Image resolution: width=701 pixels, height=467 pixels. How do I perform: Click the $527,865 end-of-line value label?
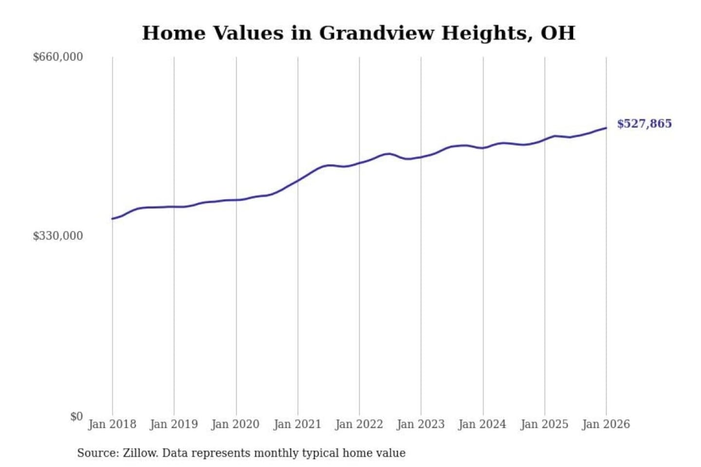(644, 124)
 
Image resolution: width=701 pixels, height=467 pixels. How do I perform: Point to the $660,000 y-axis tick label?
(58, 57)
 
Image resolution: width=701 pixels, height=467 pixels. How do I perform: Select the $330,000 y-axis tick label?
(58, 236)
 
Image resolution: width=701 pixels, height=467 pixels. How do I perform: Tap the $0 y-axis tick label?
(76, 416)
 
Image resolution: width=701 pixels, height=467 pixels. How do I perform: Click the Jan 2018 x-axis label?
(112, 424)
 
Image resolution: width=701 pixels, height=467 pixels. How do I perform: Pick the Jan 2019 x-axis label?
(174, 424)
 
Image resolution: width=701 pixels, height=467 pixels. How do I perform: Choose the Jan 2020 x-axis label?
(236, 424)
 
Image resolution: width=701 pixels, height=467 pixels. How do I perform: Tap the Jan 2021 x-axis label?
(297, 424)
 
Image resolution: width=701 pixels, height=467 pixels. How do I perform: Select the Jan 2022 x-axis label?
(359, 424)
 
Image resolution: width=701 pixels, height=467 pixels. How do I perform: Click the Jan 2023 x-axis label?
(421, 424)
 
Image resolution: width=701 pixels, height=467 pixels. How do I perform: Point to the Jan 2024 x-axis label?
(482, 424)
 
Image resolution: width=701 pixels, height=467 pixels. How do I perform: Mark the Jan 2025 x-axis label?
(544, 424)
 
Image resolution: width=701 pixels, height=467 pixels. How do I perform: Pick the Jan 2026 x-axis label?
(606, 424)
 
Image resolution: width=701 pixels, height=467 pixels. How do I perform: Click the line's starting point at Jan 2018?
(112, 219)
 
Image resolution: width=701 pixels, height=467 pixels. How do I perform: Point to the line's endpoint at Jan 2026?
(606, 128)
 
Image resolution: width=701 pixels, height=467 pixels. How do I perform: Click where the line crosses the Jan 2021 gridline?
(298, 180)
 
